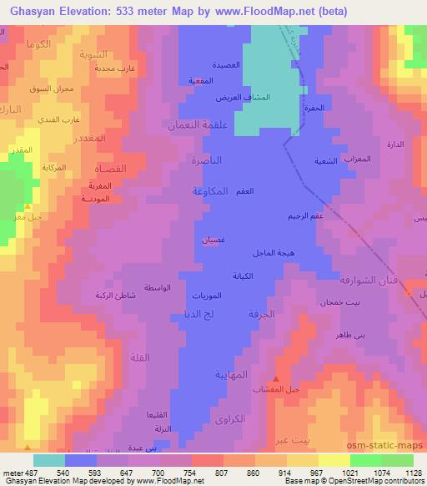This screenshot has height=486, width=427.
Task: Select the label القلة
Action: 139,357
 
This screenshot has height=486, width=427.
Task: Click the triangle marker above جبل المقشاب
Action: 288,380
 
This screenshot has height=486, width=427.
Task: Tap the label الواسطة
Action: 158,287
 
